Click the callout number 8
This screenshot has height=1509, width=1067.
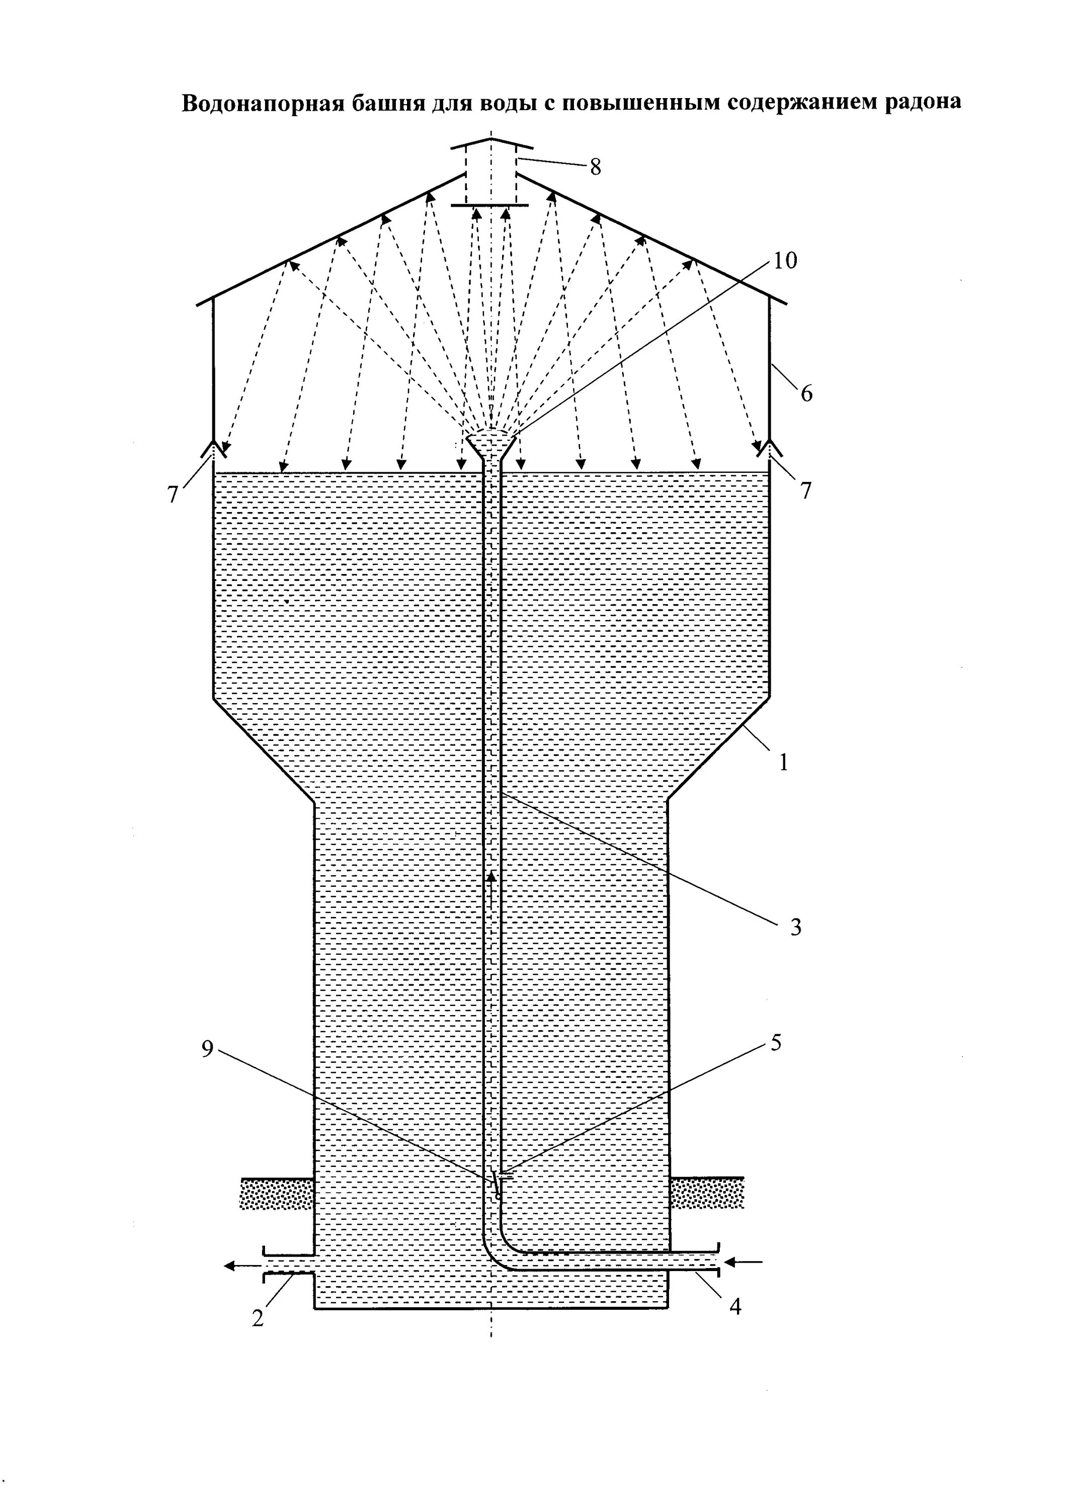pos(595,167)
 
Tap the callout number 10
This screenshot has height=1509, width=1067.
pos(785,261)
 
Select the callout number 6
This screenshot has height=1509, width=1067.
pos(806,394)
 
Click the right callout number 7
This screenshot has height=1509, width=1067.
pos(806,490)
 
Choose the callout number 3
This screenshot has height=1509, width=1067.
pos(795,928)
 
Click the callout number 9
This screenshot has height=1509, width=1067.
pos(208,1050)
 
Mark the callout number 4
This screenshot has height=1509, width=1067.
pos(735,1307)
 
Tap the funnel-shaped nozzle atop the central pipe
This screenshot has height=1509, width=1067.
pos(491,444)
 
